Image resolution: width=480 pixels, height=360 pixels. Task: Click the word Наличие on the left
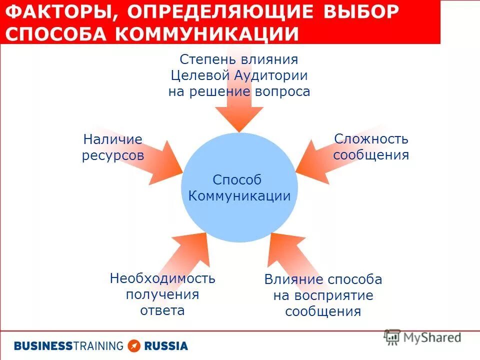tap(113, 139)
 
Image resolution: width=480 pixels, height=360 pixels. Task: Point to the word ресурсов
tap(113, 155)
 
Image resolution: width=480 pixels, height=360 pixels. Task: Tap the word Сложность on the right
tap(371, 138)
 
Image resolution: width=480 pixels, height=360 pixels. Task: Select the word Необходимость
tap(162, 278)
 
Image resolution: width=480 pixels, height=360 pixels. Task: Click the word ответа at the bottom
tap(162, 310)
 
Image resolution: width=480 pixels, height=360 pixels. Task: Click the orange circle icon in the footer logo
tap(134, 345)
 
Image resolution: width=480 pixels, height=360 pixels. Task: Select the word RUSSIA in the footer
tap(166, 345)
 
